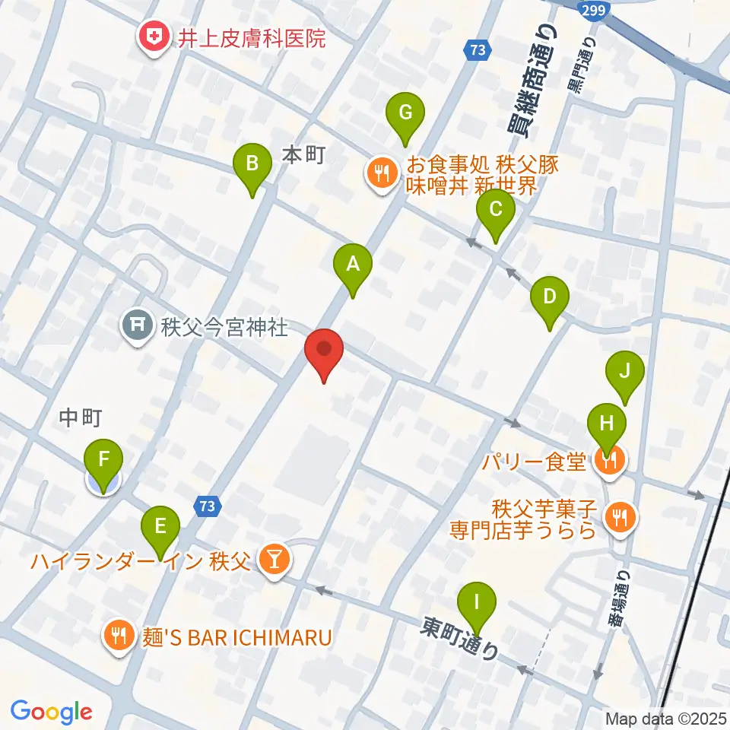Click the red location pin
coord(324,351)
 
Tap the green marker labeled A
coord(353,266)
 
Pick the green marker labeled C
coord(495,211)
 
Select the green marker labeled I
coord(477,605)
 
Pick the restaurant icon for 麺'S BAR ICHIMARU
coord(119,635)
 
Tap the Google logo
coord(51,711)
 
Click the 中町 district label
coord(81,417)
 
